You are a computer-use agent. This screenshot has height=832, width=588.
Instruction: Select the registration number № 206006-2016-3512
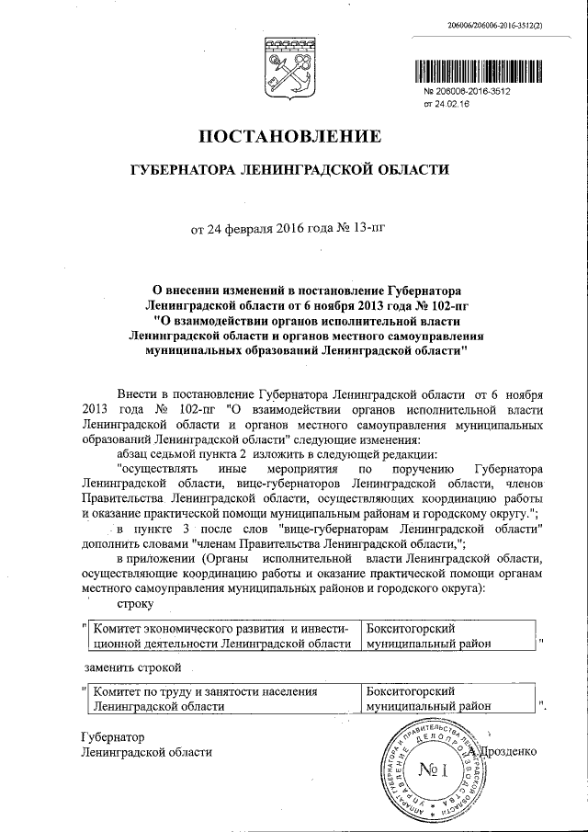tap(466, 93)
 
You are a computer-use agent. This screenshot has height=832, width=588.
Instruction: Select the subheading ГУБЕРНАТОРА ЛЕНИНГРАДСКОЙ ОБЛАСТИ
tap(289, 170)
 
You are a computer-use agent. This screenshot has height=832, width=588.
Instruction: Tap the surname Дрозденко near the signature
tap(503, 751)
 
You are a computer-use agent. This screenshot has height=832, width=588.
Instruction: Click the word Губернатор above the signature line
tap(113, 737)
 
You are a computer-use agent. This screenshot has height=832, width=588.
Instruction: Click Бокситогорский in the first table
tap(410, 628)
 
